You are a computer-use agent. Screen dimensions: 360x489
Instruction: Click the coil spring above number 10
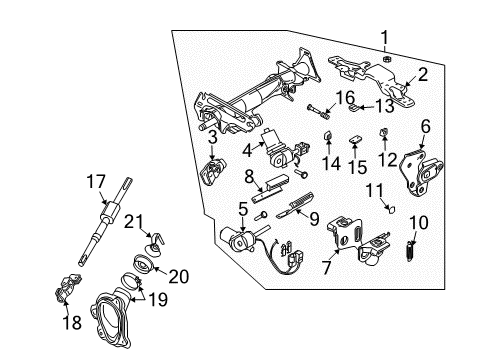click(409, 274)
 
